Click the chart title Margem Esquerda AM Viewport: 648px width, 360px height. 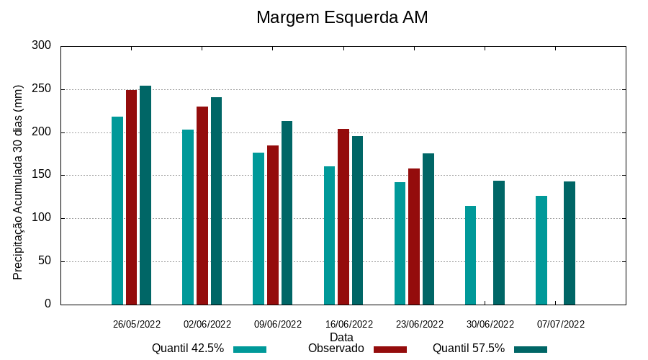[x=342, y=17]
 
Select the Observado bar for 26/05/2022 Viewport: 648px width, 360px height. [x=131, y=197]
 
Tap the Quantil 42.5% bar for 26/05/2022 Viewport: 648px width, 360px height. [x=117, y=210]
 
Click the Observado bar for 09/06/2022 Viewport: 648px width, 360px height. [x=273, y=225]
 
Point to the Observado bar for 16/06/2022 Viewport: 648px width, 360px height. [x=343, y=217]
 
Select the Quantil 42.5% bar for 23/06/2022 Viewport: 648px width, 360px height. [x=400, y=243]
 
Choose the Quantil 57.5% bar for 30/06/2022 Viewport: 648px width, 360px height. [x=499, y=243]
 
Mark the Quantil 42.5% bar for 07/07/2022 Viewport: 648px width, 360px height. [x=541, y=250]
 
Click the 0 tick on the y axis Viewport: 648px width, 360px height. [x=48, y=304]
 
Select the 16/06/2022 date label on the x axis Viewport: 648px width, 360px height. [x=349, y=324]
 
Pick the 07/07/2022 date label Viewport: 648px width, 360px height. [x=561, y=324]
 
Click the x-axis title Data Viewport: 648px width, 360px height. [x=341, y=337]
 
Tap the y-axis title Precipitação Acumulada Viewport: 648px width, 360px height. [x=19, y=181]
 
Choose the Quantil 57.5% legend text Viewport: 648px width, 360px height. [x=468, y=348]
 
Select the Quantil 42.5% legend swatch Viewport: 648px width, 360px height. [x=250, y=349]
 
